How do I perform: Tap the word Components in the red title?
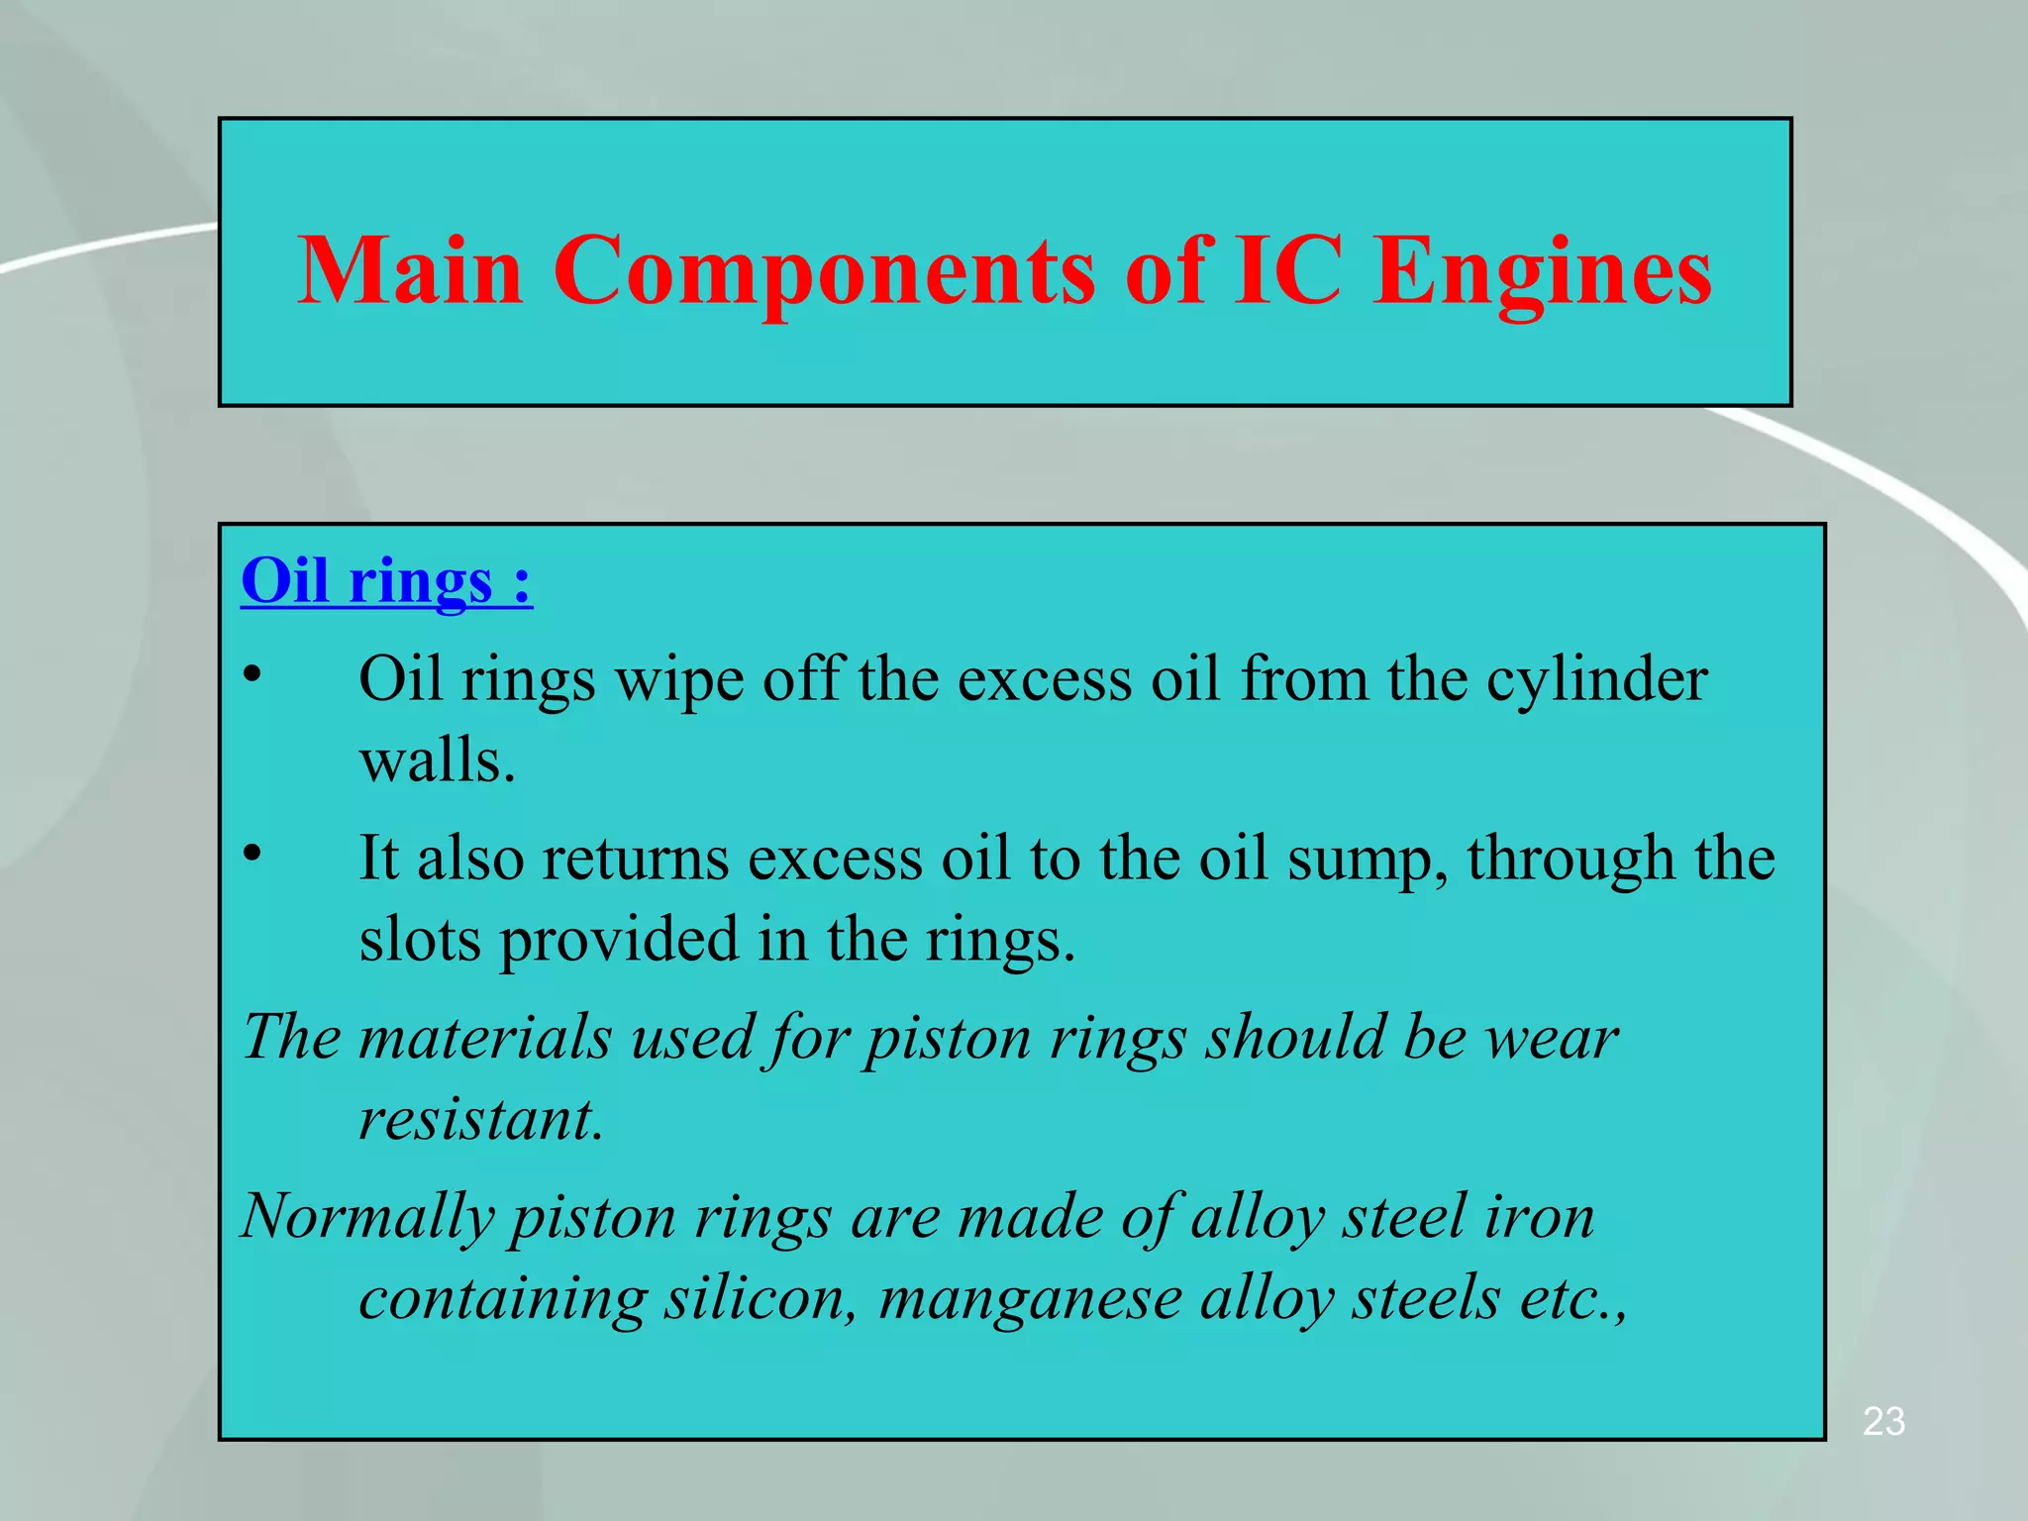823,271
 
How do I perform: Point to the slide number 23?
1883,1421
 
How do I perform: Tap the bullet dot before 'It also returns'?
253,853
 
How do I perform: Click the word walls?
437,761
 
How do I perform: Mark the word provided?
618,941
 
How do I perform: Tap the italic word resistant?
480,1120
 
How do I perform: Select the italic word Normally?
367,1218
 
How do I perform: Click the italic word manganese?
1030,1300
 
